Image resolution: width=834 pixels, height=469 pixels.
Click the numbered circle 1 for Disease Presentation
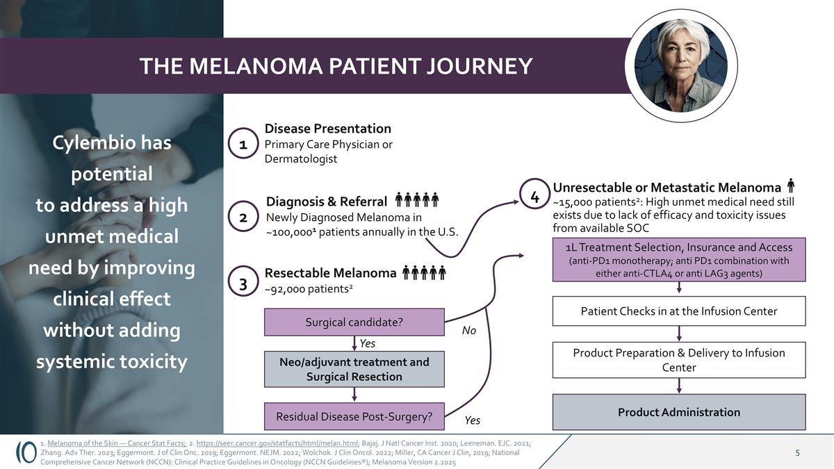tap(243, 145)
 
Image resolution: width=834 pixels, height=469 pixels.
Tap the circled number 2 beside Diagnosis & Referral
tap(243, 217)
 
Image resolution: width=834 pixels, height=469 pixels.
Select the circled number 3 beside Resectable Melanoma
tap(243, 284)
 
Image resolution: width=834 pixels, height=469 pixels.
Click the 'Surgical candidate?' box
tap(354, 322)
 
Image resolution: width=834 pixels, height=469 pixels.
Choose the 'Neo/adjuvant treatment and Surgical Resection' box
tap(354, 370)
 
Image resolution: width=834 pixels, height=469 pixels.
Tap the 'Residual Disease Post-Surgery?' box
tap(354, 417)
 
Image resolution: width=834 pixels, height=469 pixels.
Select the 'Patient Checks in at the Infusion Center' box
tap(678, 311)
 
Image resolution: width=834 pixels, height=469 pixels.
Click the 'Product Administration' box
tap(678, 412)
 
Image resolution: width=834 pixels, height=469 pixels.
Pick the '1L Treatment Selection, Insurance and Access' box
tap(678, 260)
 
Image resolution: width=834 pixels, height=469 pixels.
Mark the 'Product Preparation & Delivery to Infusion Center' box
tap(678, 360)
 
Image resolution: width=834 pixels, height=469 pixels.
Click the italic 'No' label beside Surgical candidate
tap(469, 331)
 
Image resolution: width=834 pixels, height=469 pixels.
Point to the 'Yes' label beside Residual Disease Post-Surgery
tap(472, 420)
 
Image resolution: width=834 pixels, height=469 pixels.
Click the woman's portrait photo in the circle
tap(682, 66)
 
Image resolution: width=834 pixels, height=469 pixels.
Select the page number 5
tap(797, 453)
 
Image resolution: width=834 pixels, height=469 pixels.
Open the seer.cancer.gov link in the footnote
tap(278, 443)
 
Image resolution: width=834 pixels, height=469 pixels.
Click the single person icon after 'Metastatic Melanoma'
tap(791, 186)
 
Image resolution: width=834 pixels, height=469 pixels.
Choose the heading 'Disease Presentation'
tap(328, 129)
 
